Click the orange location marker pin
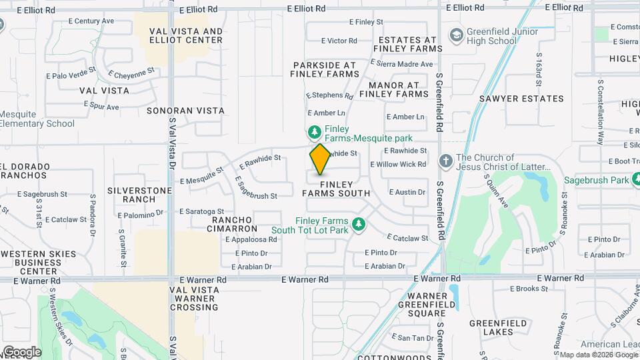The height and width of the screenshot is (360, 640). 321,159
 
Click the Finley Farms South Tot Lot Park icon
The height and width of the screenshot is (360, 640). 359,225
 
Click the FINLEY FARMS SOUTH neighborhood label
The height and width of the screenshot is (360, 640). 336,189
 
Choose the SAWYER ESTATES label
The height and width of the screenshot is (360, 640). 521,99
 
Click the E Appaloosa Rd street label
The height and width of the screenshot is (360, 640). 251,239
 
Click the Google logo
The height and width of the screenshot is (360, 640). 22,351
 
